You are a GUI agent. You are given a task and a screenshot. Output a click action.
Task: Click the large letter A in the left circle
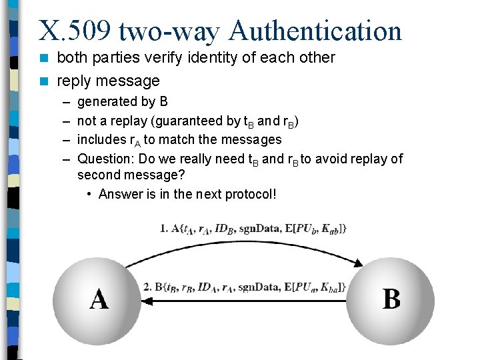(x=99, y=299)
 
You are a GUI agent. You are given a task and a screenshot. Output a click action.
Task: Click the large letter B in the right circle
(x=391, y=299)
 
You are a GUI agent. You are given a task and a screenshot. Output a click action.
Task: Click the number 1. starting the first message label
(x=163, y=228)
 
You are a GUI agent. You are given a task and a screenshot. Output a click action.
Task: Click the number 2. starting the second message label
(x=148, y=287)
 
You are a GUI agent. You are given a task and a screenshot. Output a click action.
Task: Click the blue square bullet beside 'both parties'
(x=44, y=58)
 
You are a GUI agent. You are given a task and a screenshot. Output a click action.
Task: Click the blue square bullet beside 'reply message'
(x=44, y=81)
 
